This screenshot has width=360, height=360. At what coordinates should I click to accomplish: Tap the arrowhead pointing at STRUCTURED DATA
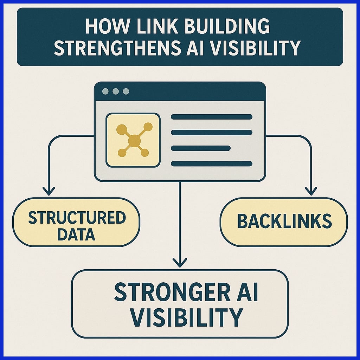click(x=48, y=191)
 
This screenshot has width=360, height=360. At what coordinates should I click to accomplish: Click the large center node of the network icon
click(x=134, y=141)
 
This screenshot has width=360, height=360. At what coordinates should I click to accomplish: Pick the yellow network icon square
click(x=133, y=140)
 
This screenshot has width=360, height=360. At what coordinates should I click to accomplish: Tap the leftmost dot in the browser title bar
click(x=105, y=91)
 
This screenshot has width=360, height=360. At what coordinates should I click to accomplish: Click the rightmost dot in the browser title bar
click(x=126, y=91)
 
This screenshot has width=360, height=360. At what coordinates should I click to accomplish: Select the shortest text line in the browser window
click(x=200, y=148)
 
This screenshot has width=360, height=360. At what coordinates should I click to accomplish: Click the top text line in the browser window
click(x=211, y=117)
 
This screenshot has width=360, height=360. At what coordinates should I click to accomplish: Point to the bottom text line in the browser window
click(x=211, y=163)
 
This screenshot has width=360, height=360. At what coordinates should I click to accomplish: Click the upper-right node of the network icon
click(x=148, y=127)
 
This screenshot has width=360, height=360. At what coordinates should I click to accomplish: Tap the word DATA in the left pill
click(x=76, y=234)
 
